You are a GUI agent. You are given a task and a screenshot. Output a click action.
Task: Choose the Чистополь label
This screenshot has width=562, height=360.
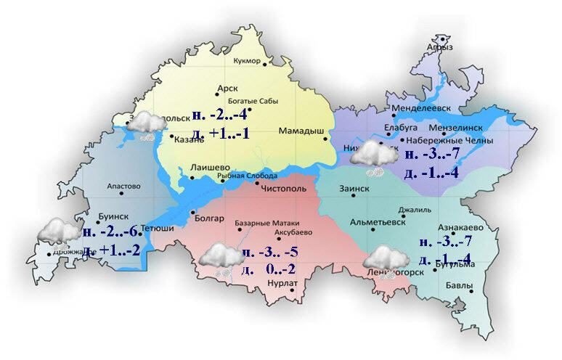pos(288,187)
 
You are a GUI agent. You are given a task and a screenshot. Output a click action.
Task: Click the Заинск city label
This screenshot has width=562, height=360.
pos(354,188)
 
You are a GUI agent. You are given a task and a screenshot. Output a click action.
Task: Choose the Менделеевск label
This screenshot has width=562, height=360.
pos(421,108)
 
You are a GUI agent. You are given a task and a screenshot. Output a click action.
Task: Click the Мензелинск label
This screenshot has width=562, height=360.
pos(468,125)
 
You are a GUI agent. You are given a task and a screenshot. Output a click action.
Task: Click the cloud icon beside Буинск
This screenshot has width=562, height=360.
pos(58,232)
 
